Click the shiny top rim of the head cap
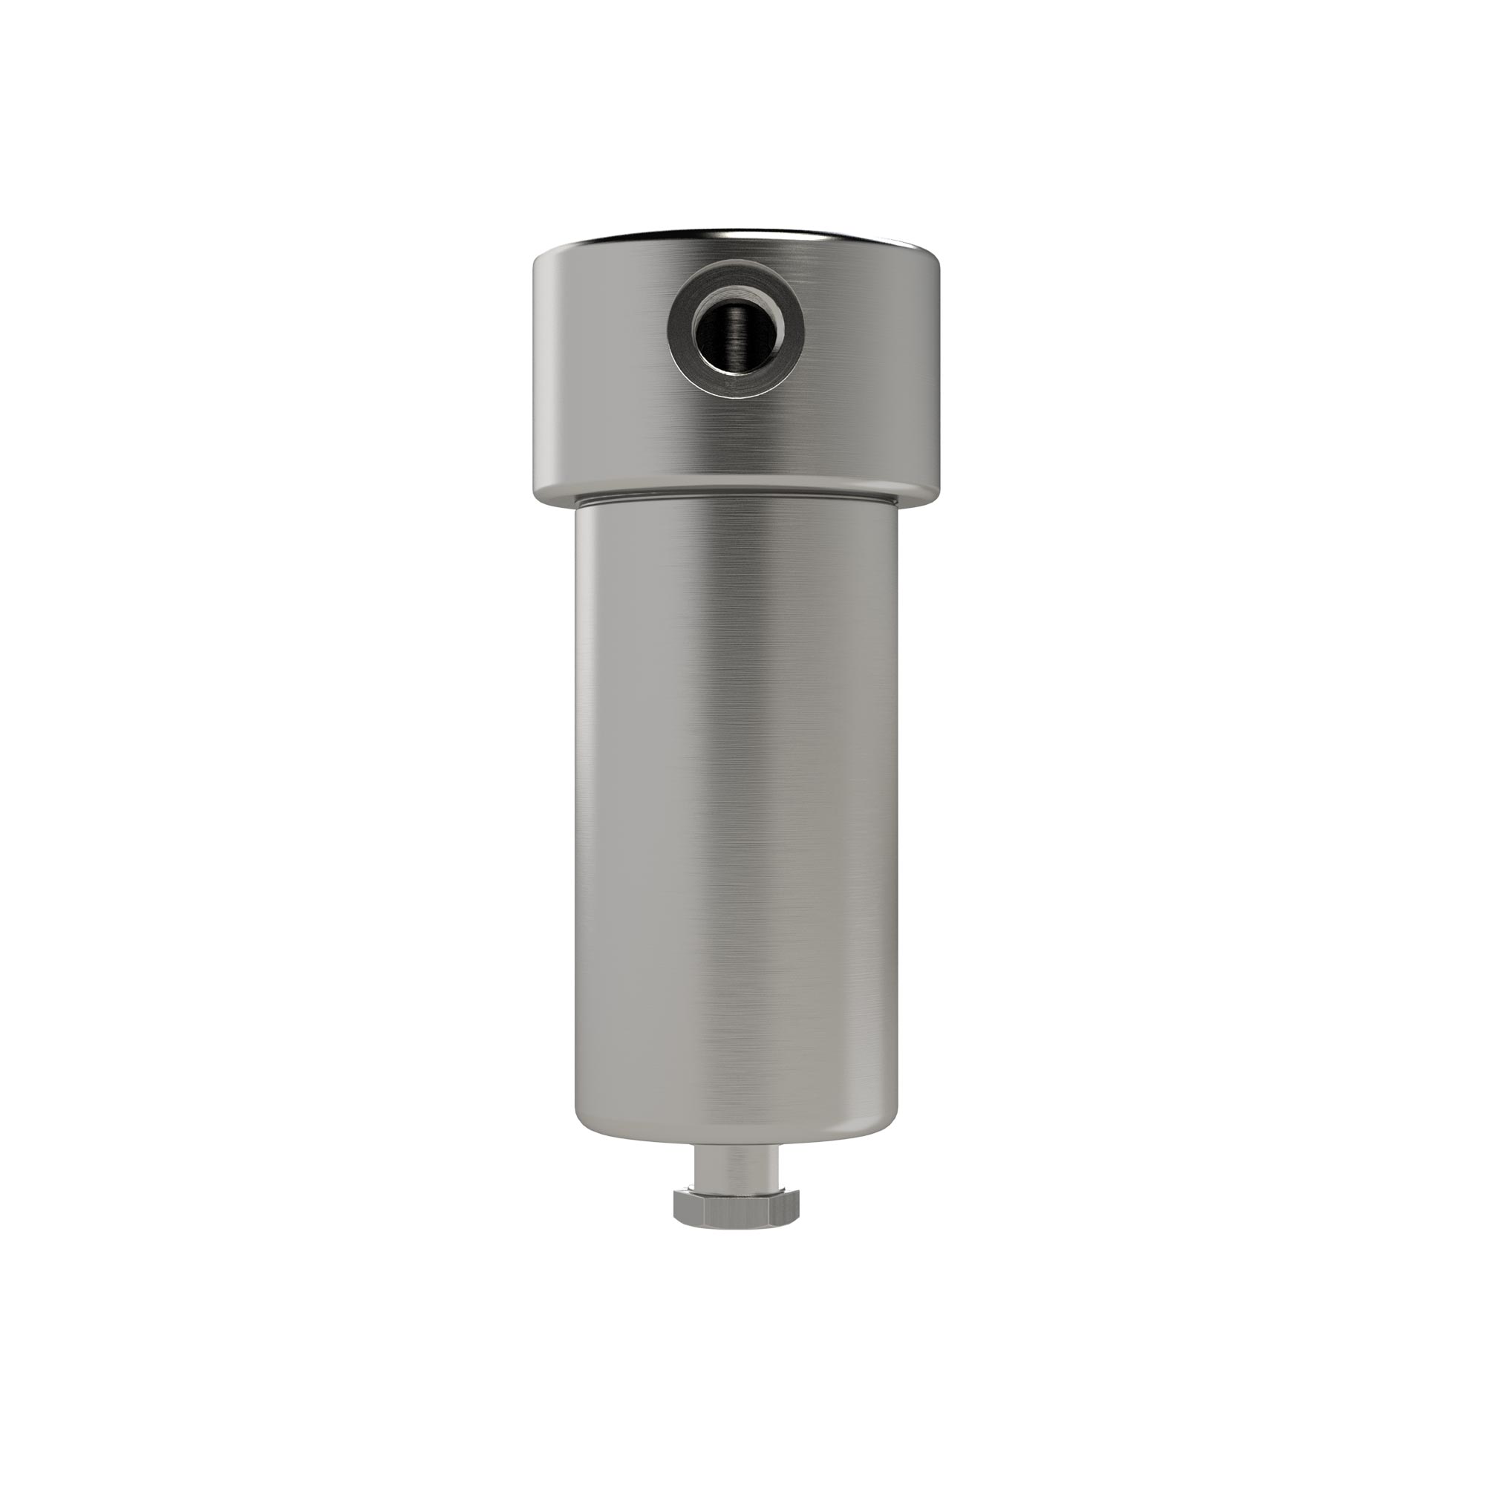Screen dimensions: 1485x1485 click(x=737, y=235)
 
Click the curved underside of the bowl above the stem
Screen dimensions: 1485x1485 click(x=737, y=1153)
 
